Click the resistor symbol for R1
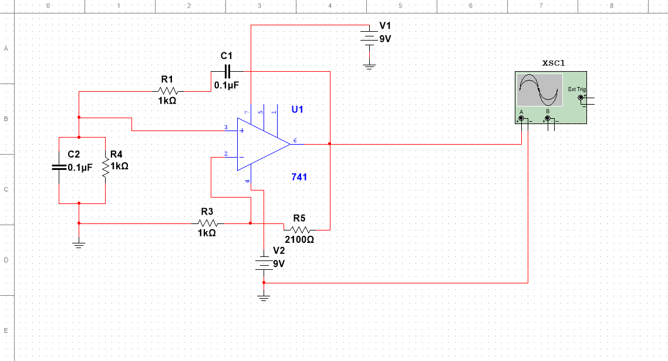[x=167, y=91]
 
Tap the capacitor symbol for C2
[x=59, y=167]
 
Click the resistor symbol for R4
[x=106, y=167]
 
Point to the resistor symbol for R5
[x=299, y=229]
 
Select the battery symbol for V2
[x=264, y=263]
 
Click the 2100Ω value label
[x=299, y=240]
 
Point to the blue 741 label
[x=299, y=177]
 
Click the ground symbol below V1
[x=369, y=66]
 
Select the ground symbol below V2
[x=264, y=298]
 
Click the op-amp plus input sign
[x=241, y=130]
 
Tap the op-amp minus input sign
[x=241, y=157]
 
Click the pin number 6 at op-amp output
[x=295, y=141]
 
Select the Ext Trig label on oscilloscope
[x=576, y=89]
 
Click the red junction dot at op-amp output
[x=330, y=143]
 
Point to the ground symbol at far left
[x=79, y=244]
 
